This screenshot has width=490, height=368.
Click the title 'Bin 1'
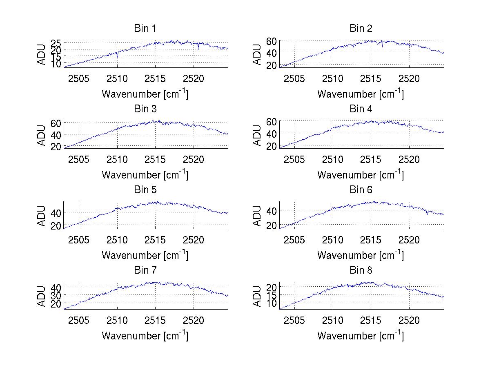click(145, 29)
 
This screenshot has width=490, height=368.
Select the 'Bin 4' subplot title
click(361, 109)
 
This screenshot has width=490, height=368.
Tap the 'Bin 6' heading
click(361, 190)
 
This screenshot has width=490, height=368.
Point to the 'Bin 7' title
click(145, 270)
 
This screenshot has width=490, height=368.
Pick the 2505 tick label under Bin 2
click(294, 78)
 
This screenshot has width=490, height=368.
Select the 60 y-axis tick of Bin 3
click(56, 123)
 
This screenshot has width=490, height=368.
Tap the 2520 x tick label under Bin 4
click(409, 159)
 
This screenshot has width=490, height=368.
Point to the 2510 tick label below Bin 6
click(333, 239)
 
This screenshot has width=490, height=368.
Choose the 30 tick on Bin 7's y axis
click(56, 295)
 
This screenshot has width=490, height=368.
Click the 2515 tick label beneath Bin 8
click(371, 320)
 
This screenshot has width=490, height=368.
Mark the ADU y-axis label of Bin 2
click(257, 54)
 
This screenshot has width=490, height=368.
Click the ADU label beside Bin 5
click(41, 215)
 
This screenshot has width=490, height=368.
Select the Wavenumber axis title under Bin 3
click(145, 174)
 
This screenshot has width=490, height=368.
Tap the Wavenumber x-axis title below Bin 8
click(361, 335)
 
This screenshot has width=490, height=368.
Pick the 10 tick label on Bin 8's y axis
click(272, 303)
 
